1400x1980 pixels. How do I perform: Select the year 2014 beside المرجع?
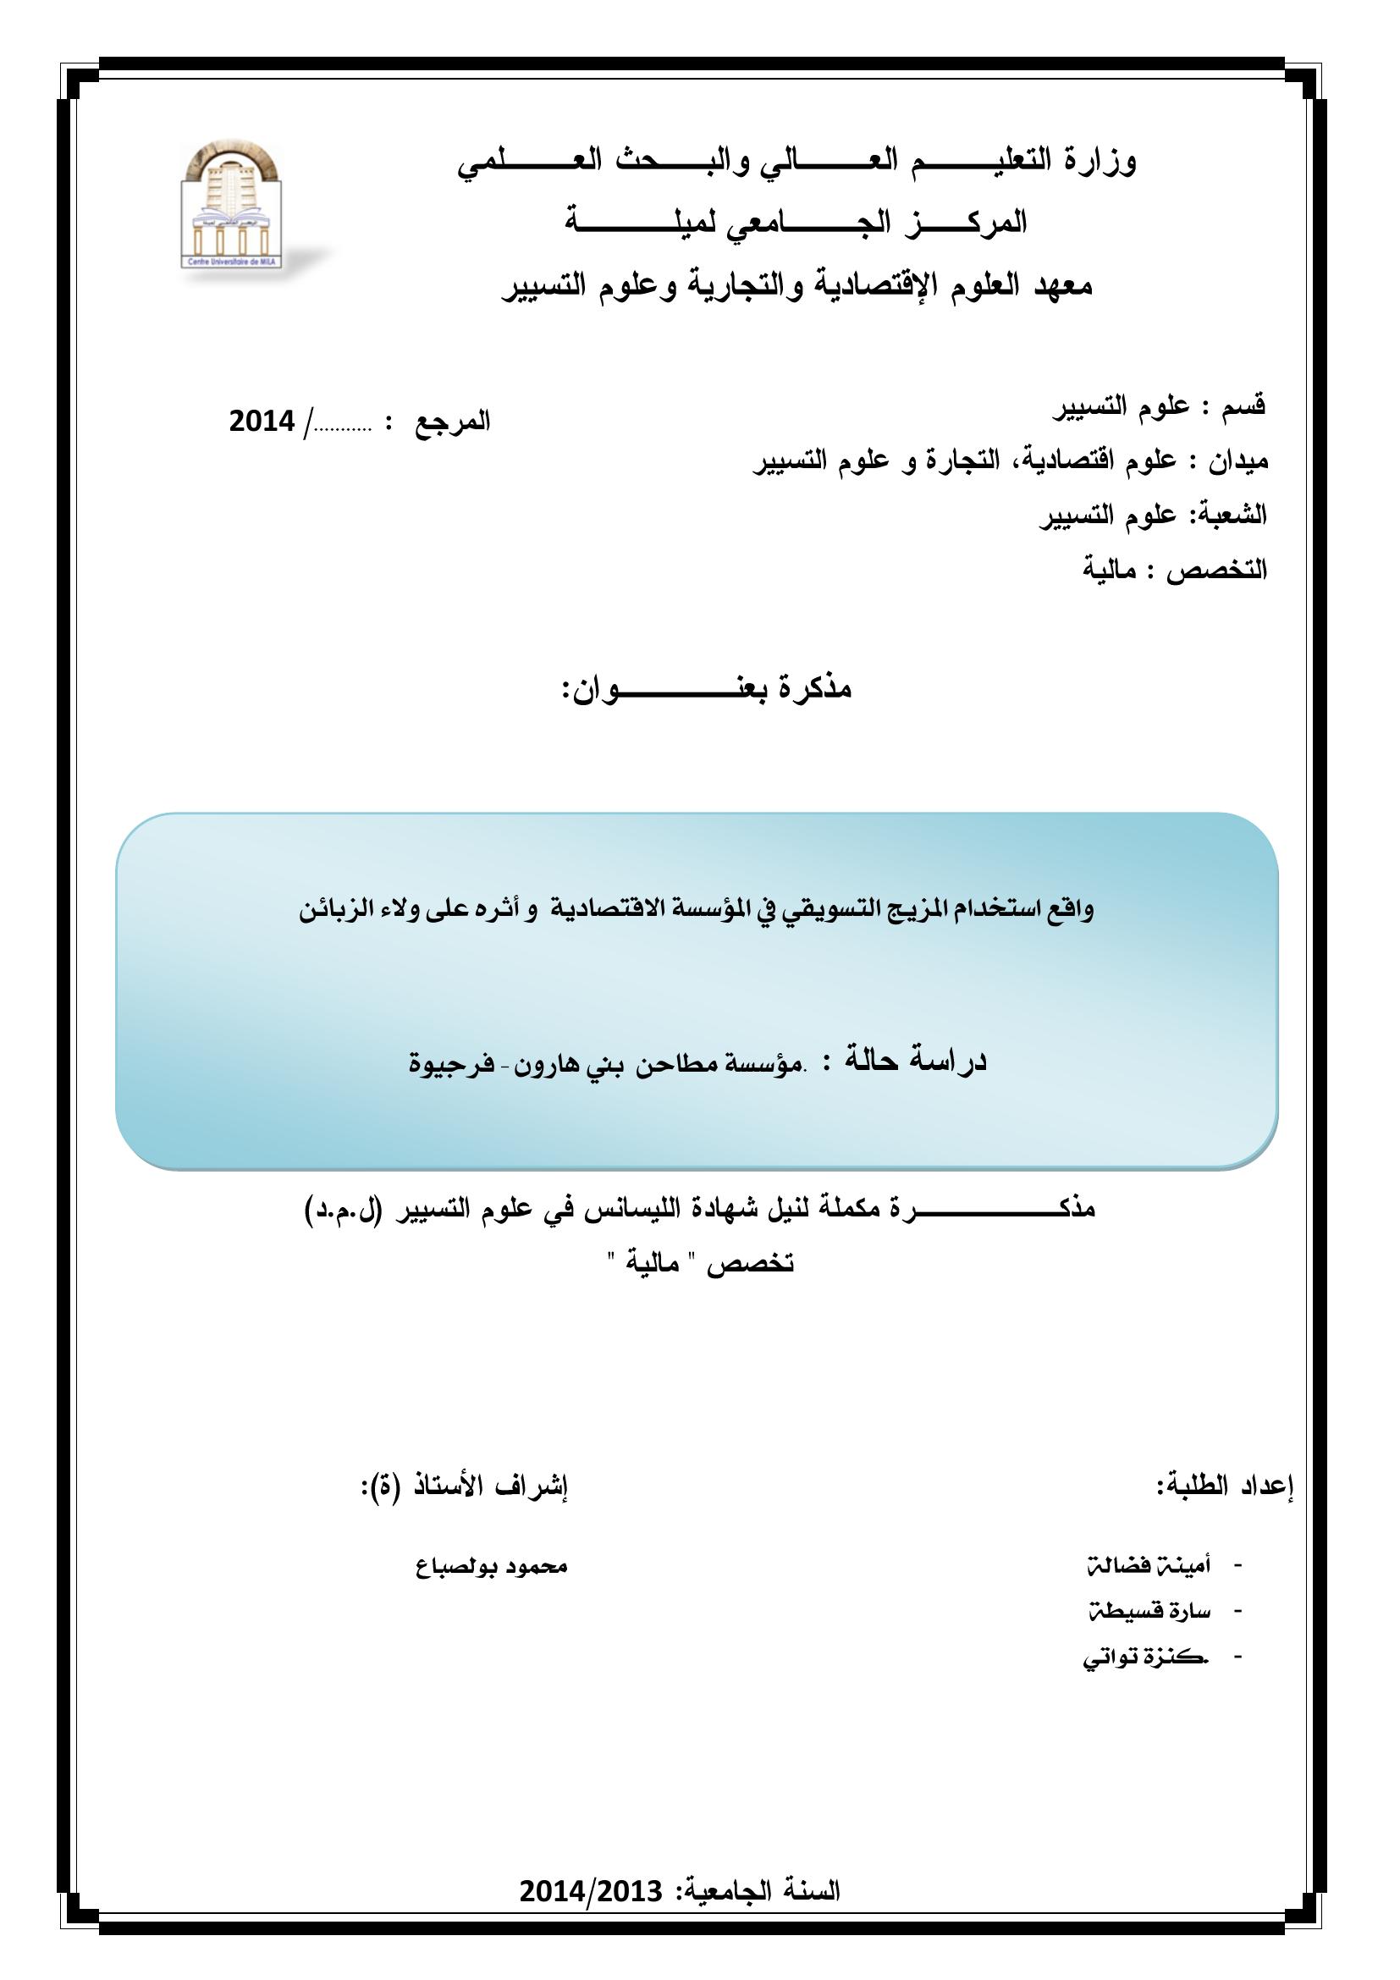pos(262,422)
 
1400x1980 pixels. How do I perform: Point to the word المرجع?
pos(454,422)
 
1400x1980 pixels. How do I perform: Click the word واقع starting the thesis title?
pos(1070,911)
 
